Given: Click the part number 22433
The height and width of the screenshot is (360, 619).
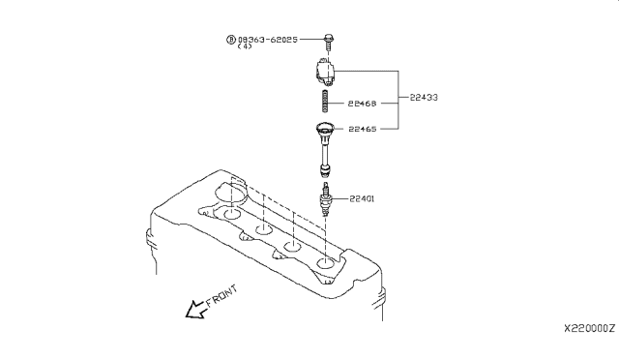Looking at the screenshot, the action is (x=424, y=97).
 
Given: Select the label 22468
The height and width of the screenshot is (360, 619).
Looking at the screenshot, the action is (x=362, y=104).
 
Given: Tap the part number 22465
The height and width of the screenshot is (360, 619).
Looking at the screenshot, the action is (x=363, y=129).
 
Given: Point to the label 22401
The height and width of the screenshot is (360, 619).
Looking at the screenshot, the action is (x=362, y=198).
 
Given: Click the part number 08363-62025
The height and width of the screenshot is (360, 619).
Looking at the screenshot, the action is (x=268, y=40).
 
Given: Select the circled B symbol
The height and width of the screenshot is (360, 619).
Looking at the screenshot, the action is (x=230, y=40).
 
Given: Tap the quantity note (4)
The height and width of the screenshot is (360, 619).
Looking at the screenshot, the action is (x=245, y=46).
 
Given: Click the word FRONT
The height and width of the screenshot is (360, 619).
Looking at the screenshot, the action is (x=221, y=295).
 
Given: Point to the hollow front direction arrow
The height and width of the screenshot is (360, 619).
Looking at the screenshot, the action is (x=196, y=310).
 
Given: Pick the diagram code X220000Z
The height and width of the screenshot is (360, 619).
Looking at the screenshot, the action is (x=589, y=328).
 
